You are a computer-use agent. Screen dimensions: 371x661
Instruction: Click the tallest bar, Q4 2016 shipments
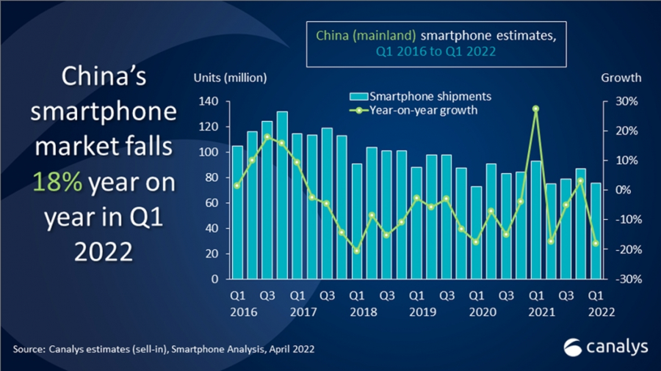click(282, 195)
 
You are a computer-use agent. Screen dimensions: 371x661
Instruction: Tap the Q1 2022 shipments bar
click(596, 231)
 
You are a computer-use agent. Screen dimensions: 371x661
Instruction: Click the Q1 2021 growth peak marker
click(536, 109)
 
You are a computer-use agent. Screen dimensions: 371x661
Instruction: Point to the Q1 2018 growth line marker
click(357, 251)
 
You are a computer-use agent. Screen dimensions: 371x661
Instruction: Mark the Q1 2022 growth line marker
click(596, 243)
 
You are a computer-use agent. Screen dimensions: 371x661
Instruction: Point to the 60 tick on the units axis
click(212, 203)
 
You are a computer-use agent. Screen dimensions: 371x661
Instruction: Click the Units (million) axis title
click(230, 78)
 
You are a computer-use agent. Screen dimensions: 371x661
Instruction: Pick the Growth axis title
click(621, 78)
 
